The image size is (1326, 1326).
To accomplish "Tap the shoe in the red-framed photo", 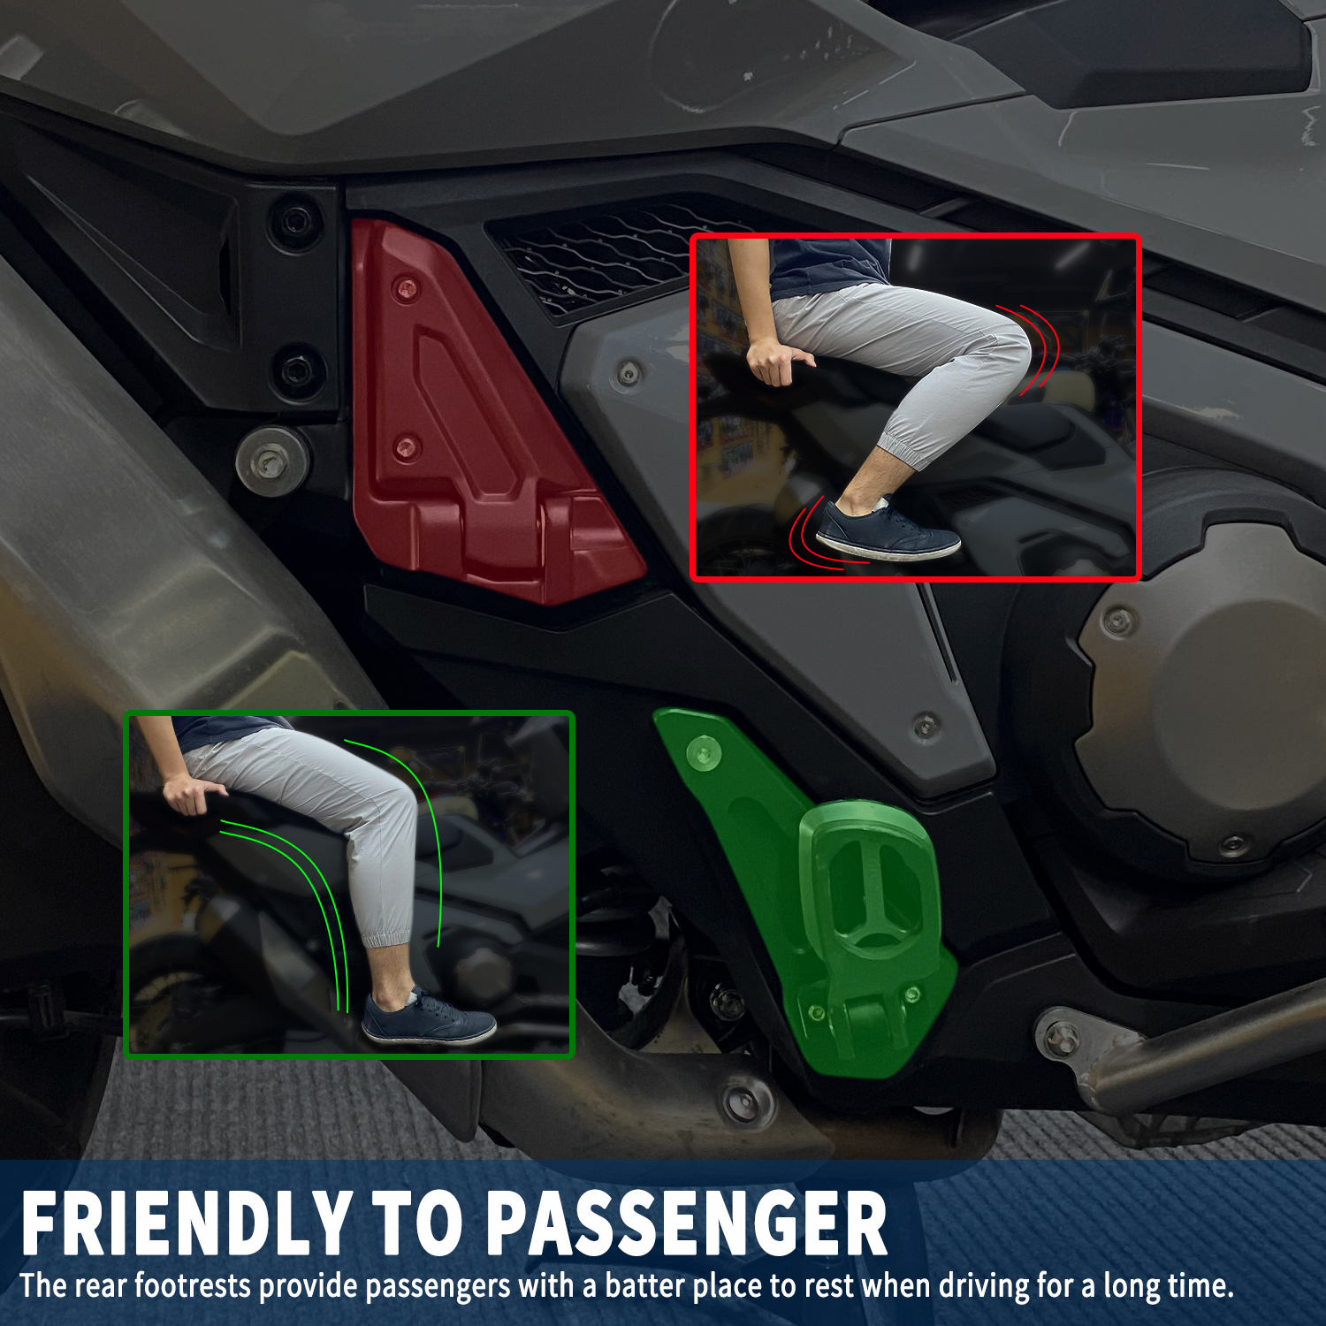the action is click(x=887, y=532).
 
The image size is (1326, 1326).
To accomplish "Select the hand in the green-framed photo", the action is click(x=192, y=793).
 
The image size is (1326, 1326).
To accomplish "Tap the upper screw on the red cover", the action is click(x=406, y=288).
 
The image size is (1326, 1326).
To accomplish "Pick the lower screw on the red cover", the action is click(x=406, y=446).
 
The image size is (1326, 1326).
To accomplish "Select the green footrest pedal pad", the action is click(x=866, y=884).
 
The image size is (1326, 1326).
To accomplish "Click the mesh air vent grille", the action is click(x=601, y=256).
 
